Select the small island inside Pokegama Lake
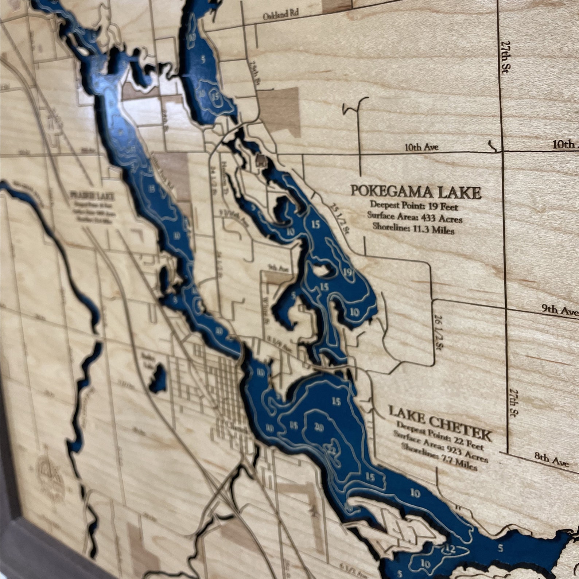pyautogui.click(x=321, y=270)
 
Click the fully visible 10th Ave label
pyautogui.click(x=421, y=147)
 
